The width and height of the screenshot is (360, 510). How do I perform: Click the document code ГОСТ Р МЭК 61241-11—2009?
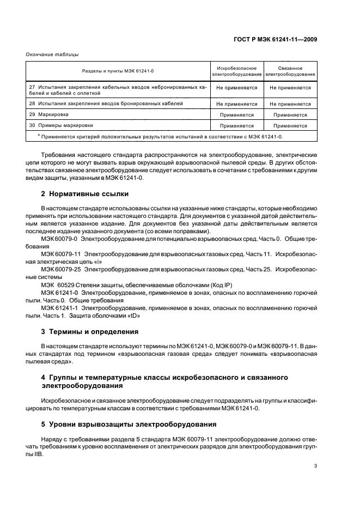(x=278, y=39)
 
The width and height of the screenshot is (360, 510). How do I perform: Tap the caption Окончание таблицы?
(x=52, y=54)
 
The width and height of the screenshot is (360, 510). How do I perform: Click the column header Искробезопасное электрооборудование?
(x=236, y=70)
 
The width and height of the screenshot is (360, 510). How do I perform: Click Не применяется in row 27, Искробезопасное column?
(x=236, y=88)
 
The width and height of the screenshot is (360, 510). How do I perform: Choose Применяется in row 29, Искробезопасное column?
(x=236, y=115)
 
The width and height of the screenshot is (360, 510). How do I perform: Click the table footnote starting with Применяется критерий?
(x=161, y=137)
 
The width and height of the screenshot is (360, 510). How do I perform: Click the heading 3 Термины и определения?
(x=89, y=331)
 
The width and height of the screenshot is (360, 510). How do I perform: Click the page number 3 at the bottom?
(x=316, y=465)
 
